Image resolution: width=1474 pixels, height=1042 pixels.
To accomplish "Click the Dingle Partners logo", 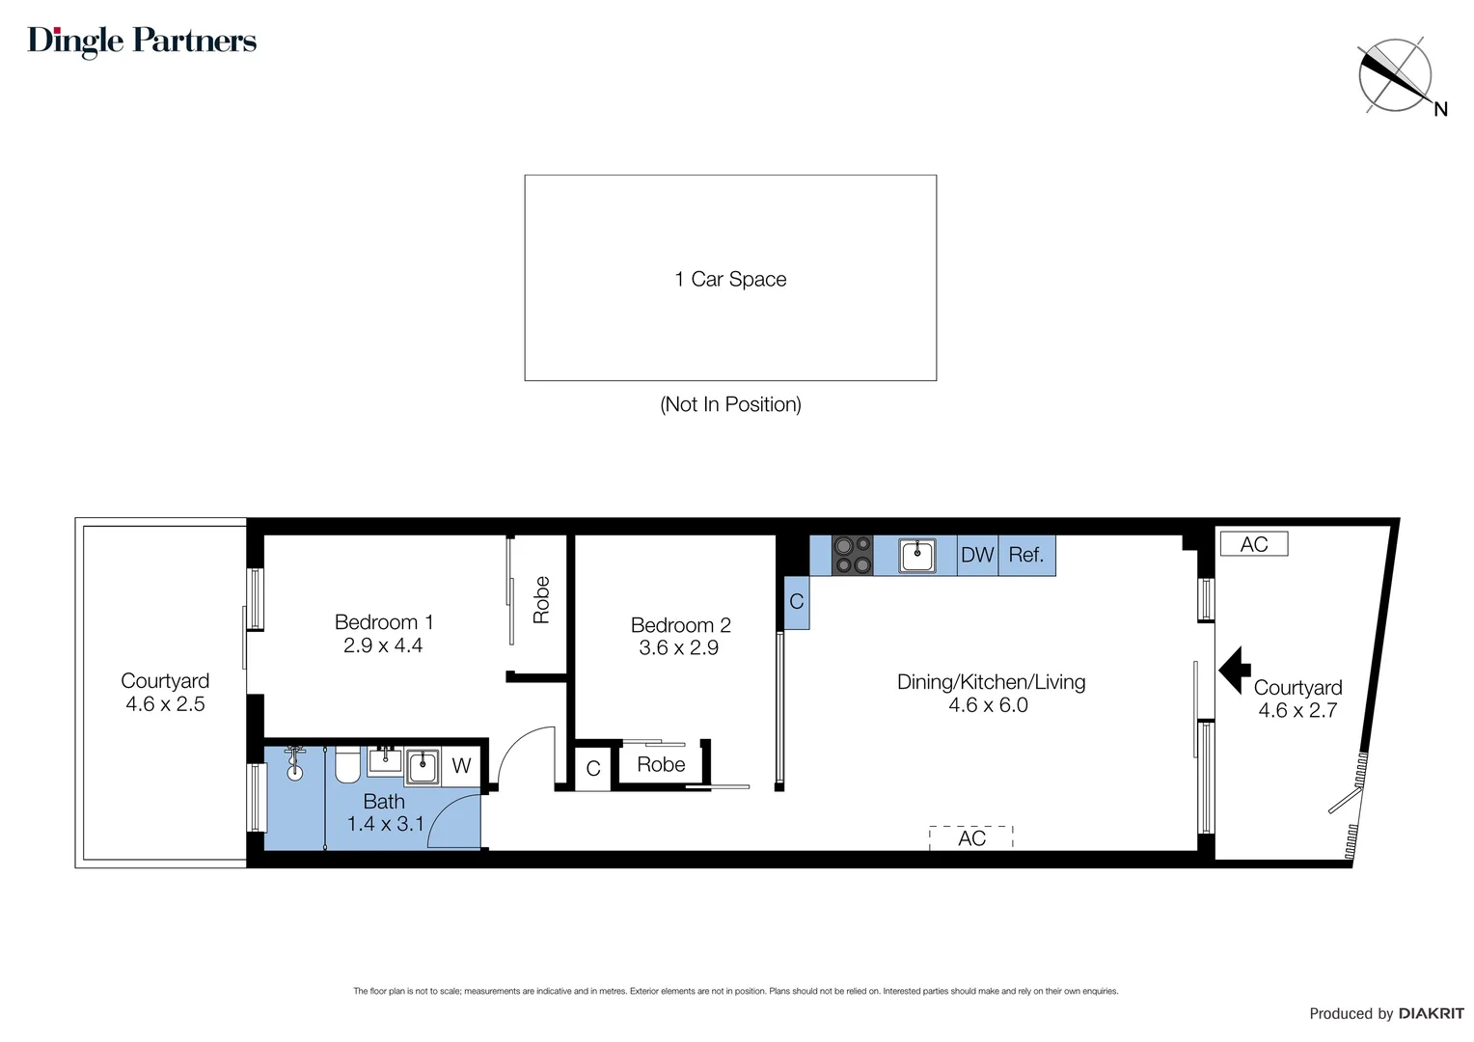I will (x=142, y=41).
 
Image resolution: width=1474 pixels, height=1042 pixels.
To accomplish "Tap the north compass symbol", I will (x=1395, y=75).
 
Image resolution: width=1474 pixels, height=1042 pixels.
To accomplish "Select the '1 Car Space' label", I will (x=730, y=280).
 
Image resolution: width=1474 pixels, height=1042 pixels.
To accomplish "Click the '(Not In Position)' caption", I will (x=730, y=404).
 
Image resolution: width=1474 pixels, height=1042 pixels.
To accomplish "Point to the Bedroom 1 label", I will (x=383, y=622).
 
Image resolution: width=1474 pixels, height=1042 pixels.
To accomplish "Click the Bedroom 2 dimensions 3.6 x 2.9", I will (x=678, y=648).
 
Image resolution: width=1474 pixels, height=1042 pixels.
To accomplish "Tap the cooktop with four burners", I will (x=853, y=556).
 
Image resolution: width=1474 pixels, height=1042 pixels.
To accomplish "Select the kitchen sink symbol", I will (x=916, y=556).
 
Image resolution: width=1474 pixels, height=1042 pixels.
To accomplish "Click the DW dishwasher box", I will (x=976, y=556).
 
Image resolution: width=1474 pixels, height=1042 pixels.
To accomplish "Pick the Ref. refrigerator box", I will (x=1026, y=556).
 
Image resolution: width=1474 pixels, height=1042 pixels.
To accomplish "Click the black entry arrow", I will (x=1234, y=670).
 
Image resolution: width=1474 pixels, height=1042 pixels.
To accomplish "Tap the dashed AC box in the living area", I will (x=971, y=838).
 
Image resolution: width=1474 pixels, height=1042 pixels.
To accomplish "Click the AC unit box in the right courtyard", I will (x=1253, y=544).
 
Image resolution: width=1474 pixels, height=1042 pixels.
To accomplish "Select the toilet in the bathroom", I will (x=347, y=767).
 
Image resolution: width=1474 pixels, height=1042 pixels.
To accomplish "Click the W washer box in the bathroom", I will (x=461, y=766).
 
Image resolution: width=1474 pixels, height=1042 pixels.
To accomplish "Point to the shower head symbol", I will (x=294, y=763).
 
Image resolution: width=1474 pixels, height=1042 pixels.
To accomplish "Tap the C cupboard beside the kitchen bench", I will (x=797, y=602).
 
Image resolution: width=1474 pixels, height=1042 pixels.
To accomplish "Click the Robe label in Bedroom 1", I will (x=541, y=599).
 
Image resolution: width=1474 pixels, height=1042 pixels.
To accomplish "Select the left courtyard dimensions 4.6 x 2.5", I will (x=165, y=704).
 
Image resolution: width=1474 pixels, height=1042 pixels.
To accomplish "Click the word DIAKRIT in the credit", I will (x=1431, y=1013).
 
